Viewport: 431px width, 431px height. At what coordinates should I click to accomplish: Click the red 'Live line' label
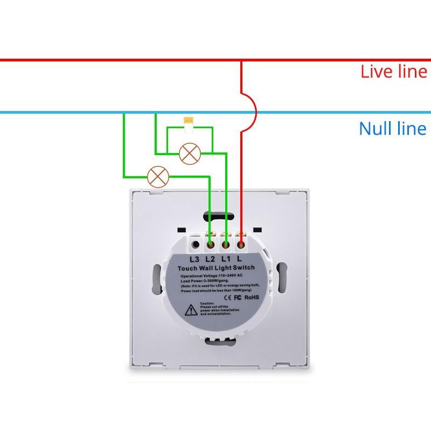tap(393, 72)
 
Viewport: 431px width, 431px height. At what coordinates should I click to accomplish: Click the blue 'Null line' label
tap(392, 129)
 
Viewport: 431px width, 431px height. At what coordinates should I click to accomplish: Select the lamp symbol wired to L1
tap(189, 152)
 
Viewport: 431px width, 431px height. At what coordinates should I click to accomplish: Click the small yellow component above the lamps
tap(189, 121)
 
